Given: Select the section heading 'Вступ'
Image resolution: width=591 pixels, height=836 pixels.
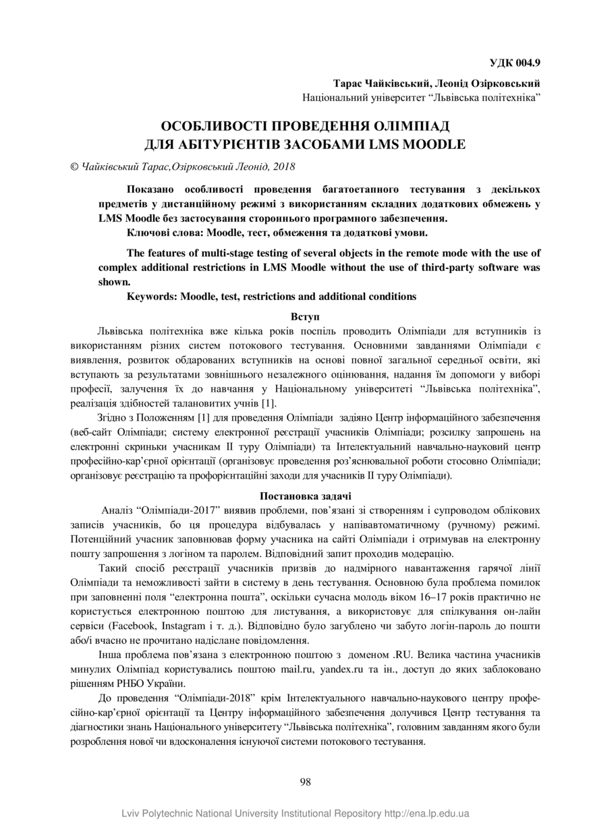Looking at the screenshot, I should (305, 316).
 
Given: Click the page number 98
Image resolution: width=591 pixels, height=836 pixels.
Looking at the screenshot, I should (305, 782).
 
